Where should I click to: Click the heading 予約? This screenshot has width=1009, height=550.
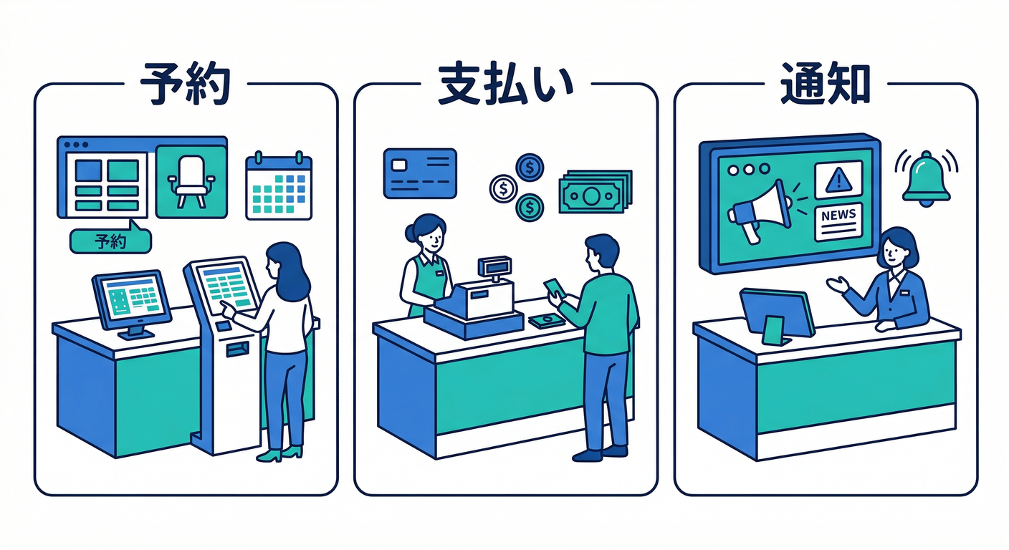185,84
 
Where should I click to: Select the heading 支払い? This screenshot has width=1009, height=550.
505,85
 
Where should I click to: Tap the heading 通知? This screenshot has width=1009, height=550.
826,84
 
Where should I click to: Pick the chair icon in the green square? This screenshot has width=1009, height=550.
191,182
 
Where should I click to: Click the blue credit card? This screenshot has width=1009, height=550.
420,173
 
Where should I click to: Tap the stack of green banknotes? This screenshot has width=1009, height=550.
596,191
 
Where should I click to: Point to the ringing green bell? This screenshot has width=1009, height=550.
926,179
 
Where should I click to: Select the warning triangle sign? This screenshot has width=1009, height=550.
838,180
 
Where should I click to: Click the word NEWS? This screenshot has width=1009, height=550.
838,214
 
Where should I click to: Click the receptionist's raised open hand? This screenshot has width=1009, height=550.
838,285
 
